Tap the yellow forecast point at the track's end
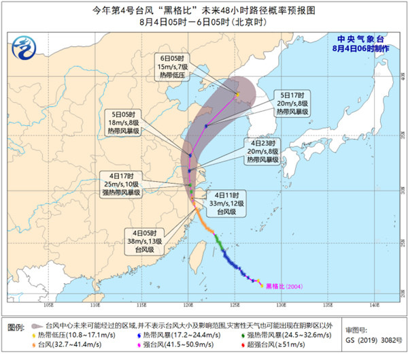[x=237, y=94]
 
